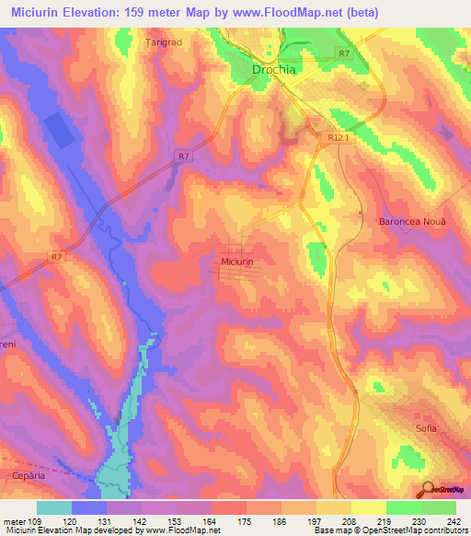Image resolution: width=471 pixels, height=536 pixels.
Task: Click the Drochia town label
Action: coord(275,69)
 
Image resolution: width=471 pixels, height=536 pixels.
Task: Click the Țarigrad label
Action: coord(167,42)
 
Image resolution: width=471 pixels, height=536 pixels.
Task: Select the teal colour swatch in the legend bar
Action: coord(54,507)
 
